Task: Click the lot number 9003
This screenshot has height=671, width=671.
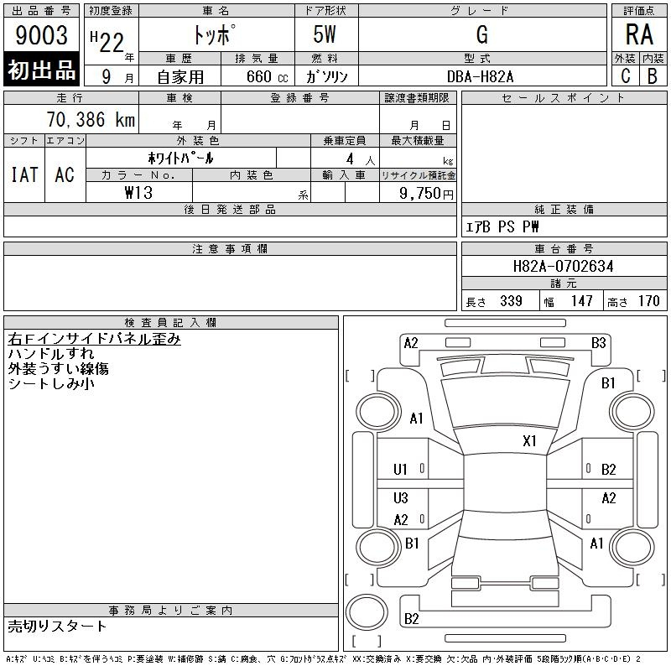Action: click(x=41, y=34)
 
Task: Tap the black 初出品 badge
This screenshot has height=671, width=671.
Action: click(x=41, y=70)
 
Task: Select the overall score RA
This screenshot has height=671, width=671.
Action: click(x=639, y=34)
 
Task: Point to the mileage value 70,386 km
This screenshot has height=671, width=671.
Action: click(x=91, y=119)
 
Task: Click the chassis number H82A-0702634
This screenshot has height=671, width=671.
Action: click(x=563, y=266)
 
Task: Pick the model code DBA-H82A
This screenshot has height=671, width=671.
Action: click(x=480, y=76)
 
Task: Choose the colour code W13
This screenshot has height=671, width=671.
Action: click(x=138, y=193)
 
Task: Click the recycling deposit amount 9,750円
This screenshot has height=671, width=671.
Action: click(x=426, y=193)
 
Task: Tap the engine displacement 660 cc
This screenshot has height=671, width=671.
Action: click(x=267, y=76)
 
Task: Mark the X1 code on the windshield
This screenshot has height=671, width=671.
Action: click(x=529, y=441)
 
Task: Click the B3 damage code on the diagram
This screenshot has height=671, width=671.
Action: click(x=598, y=343)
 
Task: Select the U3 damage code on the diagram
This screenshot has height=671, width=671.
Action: click(x=401, y=497)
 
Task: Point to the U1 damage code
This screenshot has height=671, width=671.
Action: click(x=400, y=470)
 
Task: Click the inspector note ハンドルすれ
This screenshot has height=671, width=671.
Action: click(x=51, y=353)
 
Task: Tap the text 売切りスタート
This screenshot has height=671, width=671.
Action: click(x=57, y=626)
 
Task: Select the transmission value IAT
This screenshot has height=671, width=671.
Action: click(x=24, y=174)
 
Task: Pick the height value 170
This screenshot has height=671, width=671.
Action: click(x=648, y=301)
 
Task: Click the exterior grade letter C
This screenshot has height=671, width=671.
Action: click(x=626, y=75)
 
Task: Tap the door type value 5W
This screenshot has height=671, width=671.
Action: click(x=325, y=34)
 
